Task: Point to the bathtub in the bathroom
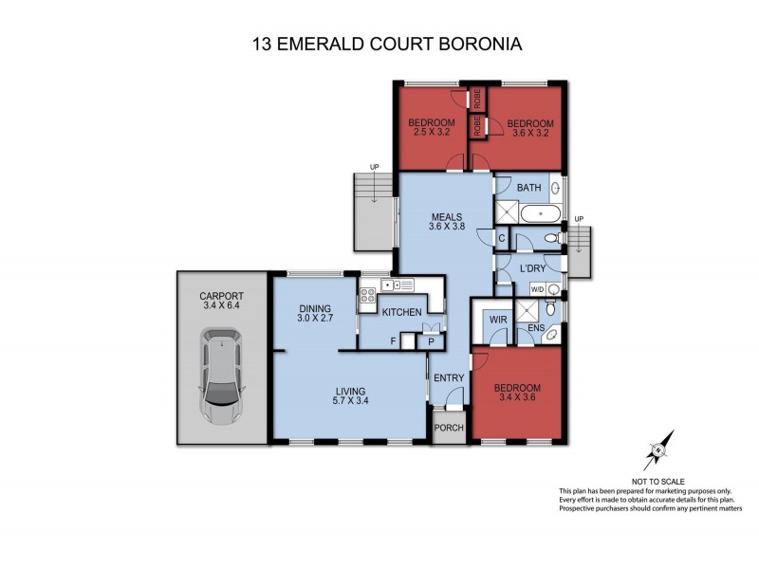coord(541,212)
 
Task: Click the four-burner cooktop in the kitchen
coord(367,300)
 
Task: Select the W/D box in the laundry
coord(537,289)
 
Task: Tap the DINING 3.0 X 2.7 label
coord(313,314)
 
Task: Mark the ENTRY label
coord(448,378)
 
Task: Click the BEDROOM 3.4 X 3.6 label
coord(516,394)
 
